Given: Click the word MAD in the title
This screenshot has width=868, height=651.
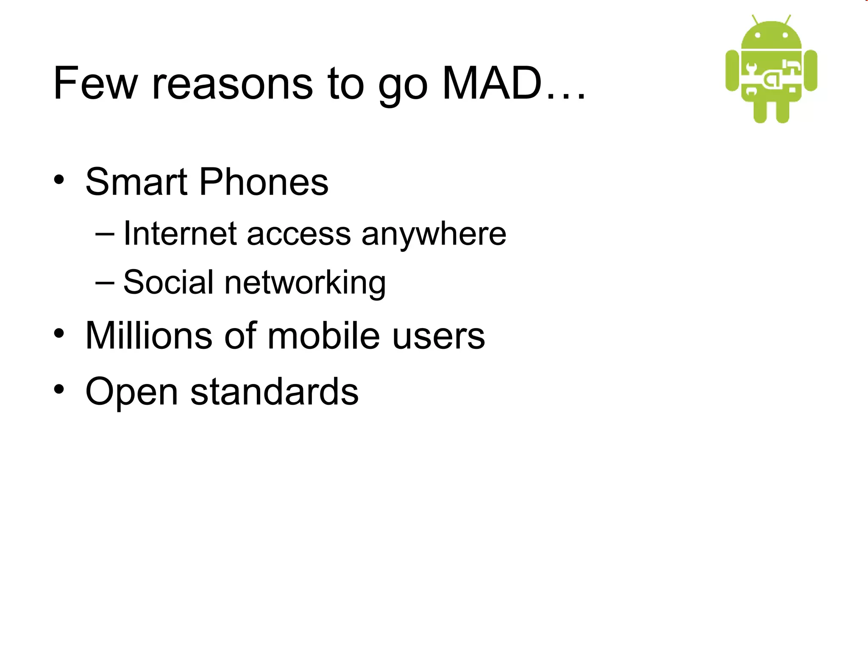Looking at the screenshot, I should tap(492, 83).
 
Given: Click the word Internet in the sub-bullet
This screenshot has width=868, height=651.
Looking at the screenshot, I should tap(180, 234).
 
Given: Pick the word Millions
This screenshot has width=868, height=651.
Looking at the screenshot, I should tap(149, 335).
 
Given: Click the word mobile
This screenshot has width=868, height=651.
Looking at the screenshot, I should tap(324, 335).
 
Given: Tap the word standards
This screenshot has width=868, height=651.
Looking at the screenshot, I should tap(274, 392).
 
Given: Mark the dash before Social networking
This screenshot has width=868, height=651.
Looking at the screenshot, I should tap(105, 282).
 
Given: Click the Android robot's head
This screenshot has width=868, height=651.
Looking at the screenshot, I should tap(771, 36).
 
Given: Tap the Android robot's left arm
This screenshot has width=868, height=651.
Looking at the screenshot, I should tap(732, 70).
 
